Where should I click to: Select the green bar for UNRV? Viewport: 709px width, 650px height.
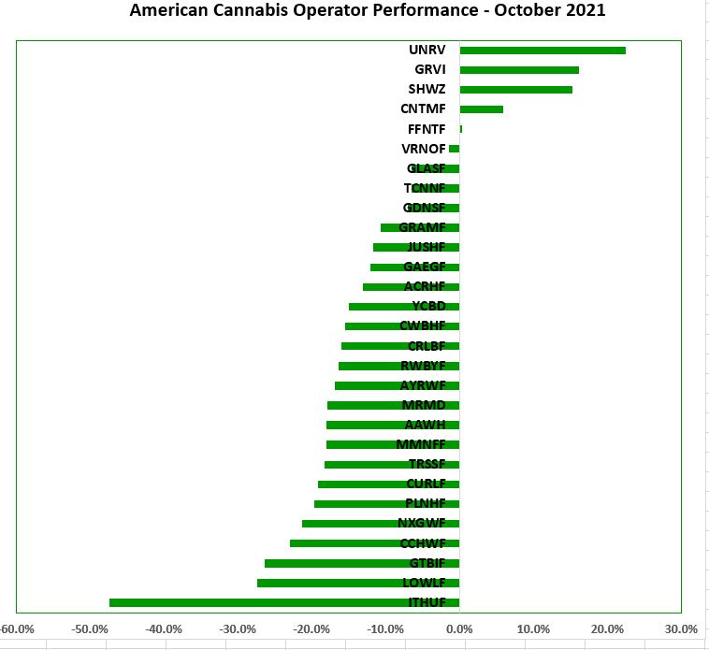542,51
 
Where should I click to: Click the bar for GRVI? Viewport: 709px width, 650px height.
518,70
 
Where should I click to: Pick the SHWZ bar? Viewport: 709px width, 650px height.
515,90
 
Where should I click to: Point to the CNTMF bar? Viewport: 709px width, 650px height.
481,109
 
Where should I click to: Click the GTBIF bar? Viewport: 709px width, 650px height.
361,563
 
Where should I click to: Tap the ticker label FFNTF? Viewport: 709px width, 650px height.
427,129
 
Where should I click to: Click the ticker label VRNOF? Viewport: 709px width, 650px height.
423,149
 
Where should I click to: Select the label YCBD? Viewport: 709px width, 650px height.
428,306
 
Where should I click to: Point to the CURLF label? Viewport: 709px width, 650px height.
426,484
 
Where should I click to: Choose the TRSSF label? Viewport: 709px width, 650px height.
427,464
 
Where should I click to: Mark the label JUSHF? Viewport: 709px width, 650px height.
427,247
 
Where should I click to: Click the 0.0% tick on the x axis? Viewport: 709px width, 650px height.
459,628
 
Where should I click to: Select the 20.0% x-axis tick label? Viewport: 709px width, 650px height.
607,628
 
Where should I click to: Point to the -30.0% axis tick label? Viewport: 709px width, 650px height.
238,628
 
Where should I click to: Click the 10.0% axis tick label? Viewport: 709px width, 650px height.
533,628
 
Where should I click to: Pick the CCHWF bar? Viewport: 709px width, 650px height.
374,543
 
